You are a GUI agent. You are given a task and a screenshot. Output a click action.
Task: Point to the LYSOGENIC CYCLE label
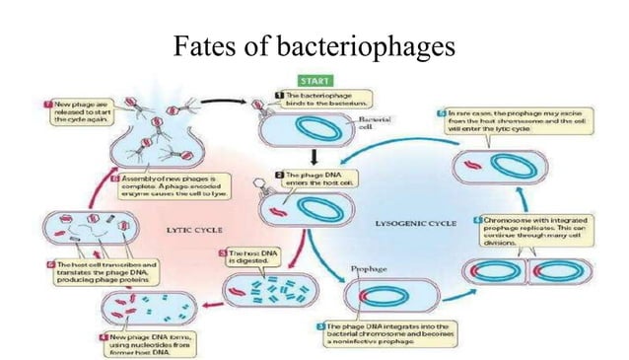click(417, 224)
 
